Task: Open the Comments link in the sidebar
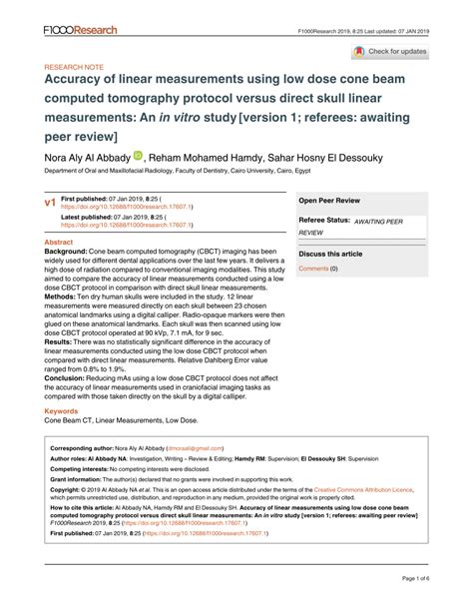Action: (315, 269)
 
